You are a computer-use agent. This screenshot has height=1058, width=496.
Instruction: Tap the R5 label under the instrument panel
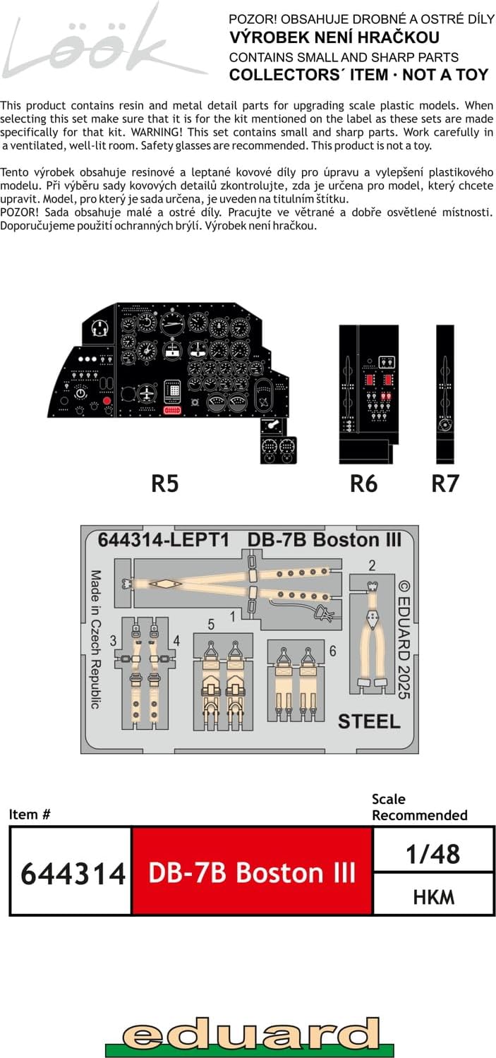165,483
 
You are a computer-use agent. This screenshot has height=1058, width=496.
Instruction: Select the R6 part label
364,483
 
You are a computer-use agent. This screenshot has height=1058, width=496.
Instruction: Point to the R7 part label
445,483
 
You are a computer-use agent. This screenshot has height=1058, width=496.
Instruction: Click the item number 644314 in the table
72,873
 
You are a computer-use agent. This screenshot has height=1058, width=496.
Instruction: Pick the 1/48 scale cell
433,853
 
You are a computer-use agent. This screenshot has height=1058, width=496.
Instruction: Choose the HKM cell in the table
433,896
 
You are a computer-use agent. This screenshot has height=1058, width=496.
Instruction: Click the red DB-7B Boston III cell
252,873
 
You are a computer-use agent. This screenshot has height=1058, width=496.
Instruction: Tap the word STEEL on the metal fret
369,721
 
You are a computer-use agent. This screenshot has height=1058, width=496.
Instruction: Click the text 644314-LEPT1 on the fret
164,539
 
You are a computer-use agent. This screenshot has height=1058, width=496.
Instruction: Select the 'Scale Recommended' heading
419,807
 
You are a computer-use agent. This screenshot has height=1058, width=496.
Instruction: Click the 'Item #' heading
30,814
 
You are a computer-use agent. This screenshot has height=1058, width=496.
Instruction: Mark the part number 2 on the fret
372,565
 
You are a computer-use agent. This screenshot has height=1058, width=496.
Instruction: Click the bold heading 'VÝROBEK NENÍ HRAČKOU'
334,37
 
